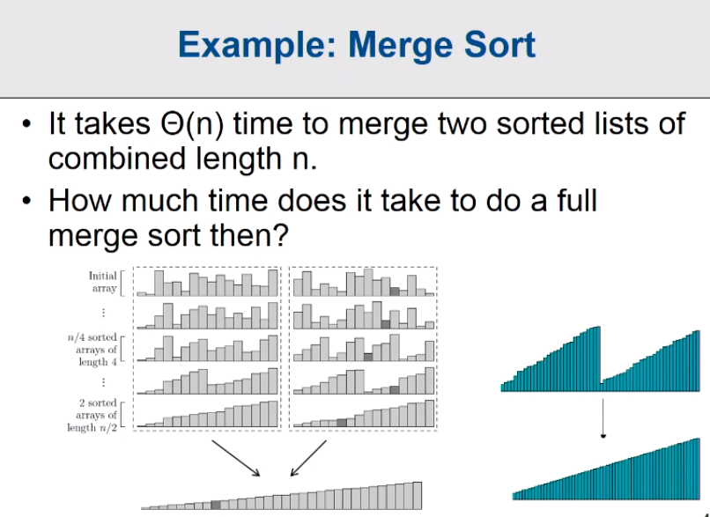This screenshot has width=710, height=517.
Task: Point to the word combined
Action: point(117,158)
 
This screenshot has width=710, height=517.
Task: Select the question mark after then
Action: point(281,234)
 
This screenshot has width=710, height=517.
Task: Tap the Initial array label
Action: point(103,282)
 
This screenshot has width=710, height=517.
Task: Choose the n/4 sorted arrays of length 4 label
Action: point(92,349)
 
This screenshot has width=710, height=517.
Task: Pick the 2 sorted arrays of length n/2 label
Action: point(92,415)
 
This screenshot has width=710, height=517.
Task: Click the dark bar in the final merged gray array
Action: point(216,505)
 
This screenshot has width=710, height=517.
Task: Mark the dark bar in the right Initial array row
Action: point(395,292)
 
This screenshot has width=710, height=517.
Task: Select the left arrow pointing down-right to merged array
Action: point(235,458)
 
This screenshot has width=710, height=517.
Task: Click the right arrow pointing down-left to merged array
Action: point(308,458)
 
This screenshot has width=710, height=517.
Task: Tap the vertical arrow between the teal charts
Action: point(603,417)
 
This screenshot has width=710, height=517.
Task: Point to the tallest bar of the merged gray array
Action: point(417,496)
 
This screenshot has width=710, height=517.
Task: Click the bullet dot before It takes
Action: point(26,123)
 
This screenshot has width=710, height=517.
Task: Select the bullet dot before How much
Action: point(26,200)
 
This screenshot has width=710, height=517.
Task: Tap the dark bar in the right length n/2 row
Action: point(342,423)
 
